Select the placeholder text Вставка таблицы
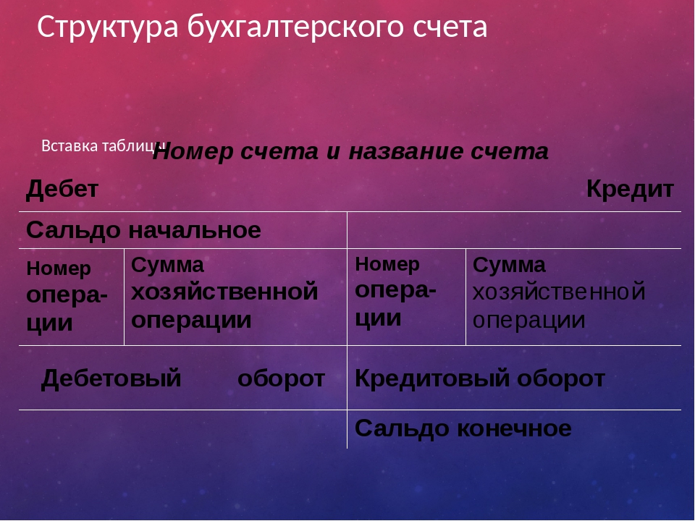pos(104,145)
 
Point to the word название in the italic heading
pos(406,152)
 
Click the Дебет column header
pos(62,190)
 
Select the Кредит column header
pos(630,190)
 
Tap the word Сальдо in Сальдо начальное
pos(73,231)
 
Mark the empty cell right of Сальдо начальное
pos(514,230)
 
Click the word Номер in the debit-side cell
pos(59,268)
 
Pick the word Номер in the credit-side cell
pos(387,265)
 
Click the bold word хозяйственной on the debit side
pos(224,292)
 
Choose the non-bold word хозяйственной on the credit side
pos(558,292)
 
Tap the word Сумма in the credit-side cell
pos(509,266)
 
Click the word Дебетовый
pos(111,379)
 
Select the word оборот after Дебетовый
pos(281,379)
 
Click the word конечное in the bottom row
pos(514,429)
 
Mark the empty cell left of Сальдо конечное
pos(182,429)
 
